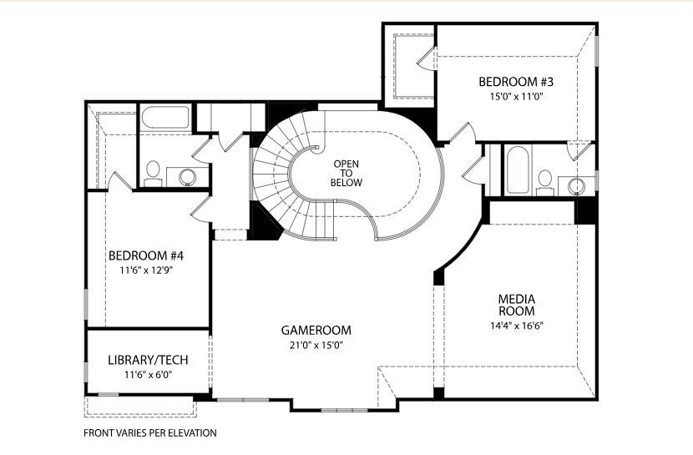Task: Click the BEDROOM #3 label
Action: tap(515, 82)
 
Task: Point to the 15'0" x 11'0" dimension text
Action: tap(515, 97)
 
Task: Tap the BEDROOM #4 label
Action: tap(145, 256)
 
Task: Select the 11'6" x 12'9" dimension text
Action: tap(145, 271)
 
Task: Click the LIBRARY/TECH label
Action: tap(148, 361)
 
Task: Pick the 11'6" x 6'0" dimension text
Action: tap(148, 376)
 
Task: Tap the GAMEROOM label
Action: tap(316, 330)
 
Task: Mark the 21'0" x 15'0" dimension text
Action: tap(316, 345)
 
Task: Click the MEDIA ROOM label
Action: tap(516, 305)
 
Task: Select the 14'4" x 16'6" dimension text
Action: tap(516, 326)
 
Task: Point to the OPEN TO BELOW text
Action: tap(346, 173)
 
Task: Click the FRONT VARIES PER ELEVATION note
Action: tap(149, 433)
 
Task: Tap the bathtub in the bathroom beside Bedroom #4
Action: tap(165, 117)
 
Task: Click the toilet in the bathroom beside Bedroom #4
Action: tap(153, 172)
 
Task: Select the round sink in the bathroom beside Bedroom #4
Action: tap(188, 176)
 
